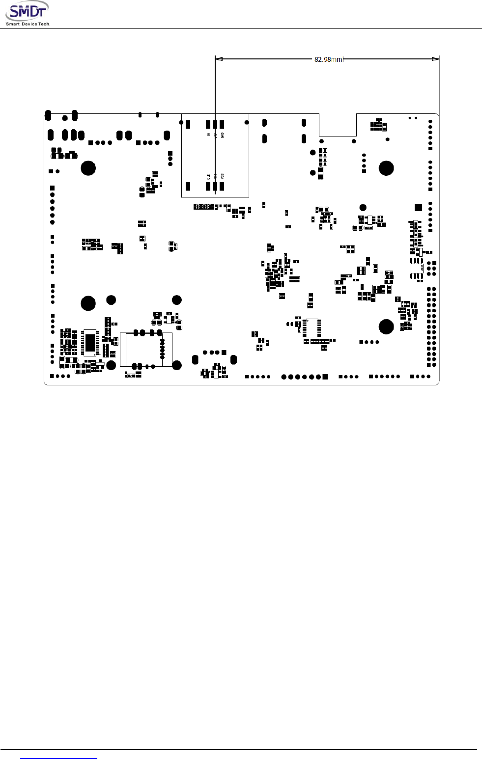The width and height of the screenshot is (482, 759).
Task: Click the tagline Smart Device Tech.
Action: (28, 24)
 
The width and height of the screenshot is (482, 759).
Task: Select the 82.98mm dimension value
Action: (328, 59)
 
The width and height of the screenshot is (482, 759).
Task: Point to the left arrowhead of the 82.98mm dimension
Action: (219, 59)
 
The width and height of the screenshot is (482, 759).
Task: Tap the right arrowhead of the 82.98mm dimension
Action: (435, 59)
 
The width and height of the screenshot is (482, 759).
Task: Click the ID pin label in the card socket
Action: (208, 134)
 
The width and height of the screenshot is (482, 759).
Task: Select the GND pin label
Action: (222, 135)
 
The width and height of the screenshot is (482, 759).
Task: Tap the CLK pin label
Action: (208, 176)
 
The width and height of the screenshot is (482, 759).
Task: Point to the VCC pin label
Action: (222, 176)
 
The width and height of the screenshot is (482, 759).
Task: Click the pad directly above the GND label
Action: (222, 124)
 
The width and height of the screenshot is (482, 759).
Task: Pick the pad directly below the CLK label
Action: (208, 186)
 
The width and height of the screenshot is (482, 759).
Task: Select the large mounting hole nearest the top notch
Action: (386, 168)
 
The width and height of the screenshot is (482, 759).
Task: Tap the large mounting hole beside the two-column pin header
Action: (386, 326)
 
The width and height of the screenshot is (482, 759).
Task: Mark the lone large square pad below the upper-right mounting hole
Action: (418, 207)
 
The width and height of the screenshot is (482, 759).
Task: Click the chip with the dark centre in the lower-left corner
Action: (90, 343)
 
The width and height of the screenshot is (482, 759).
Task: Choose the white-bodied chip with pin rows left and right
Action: (312, 327)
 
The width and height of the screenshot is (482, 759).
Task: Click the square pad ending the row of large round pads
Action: (325, 377)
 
